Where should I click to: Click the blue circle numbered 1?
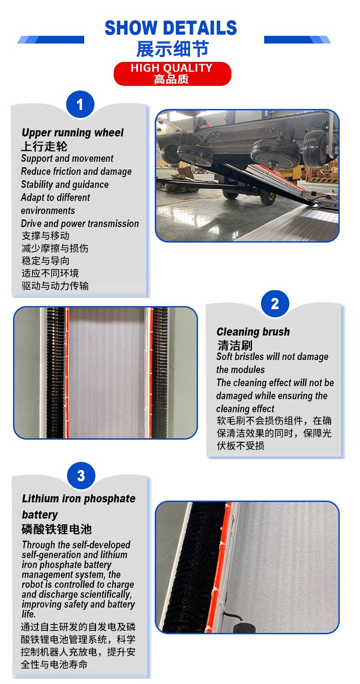(x=80, y=104)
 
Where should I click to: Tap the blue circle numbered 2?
(x=275, y=304)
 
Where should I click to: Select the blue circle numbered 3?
(x=81, y=475)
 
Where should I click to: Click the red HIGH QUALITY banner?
(x=172, y=73)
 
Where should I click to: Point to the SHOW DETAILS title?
(x=170, y=27)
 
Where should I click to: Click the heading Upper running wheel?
(x=72, y=132)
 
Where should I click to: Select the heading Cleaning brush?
(x=253, y=331)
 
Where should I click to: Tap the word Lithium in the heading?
(x=40, y=498)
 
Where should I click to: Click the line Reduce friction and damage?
(x=76, y=171)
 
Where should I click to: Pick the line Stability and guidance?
(x=64, y=185)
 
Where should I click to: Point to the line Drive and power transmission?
(x=80, y=224)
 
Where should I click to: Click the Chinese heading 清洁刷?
(x=235, y=345)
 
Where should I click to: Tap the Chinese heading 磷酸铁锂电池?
(x=57, y=529)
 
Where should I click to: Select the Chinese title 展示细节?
(x=172, y=49)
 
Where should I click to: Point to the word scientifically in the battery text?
(x=107, y=594)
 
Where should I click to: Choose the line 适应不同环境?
(x=50, y=273)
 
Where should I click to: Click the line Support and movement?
(x=67, y=158)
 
